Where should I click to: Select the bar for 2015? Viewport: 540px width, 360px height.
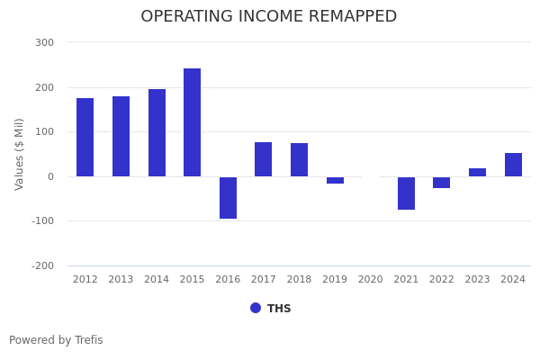click(192, 122)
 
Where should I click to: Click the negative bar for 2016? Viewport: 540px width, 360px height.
click(228, 197)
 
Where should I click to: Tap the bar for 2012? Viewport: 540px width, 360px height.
click(85, 137)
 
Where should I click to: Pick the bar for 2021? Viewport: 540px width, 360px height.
click(406, 193)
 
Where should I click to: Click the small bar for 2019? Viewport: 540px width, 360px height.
click(335, 180)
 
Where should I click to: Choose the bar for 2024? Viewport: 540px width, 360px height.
click(513, 165)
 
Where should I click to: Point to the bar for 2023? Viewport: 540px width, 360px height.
click(477, 172)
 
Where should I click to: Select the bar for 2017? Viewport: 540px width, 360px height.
click(263, 159)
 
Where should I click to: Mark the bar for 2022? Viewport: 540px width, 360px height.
click(441, 182)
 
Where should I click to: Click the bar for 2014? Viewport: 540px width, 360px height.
click(157, 132)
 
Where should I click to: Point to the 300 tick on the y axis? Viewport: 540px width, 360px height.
click(45, 42)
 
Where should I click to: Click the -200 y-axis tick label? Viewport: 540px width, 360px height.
click(43, 265)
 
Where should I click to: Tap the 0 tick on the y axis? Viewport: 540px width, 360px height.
click(50, 176)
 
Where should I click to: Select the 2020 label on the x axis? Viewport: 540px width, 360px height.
click(370, 280)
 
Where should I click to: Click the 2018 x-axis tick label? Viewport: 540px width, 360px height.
click(299, 280)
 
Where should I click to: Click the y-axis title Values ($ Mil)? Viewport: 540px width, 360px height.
click(20, 154)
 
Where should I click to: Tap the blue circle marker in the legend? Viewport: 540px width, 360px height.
click(256, 308)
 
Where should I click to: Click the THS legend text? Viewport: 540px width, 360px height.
click(279, 309)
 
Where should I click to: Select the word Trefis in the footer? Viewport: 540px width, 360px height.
click(87, 340)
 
